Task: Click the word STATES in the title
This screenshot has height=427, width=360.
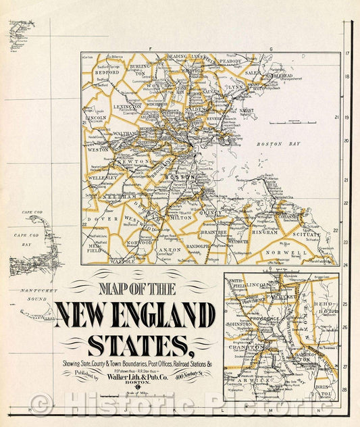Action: tap(137, 343)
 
